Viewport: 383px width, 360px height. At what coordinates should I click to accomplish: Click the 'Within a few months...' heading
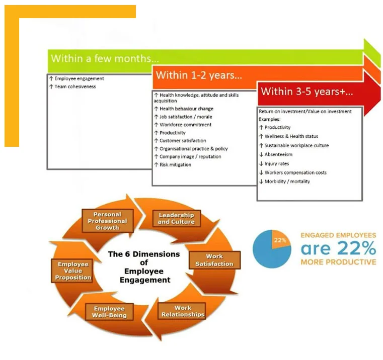point(105,59)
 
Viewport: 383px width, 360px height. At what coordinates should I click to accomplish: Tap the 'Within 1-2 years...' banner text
point(199,75)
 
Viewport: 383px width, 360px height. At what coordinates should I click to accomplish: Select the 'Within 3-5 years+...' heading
point(307,92)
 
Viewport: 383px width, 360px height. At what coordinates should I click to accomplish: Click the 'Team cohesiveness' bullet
point(72,86)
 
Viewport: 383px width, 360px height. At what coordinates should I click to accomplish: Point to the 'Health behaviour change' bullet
point(184,109)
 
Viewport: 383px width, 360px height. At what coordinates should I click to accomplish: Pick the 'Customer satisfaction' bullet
point(180,141)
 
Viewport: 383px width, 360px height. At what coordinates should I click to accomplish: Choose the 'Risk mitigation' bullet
point(173,165)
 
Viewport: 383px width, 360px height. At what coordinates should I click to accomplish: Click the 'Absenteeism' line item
point(276,154)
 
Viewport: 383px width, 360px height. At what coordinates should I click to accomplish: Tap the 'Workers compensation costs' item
point(293,172)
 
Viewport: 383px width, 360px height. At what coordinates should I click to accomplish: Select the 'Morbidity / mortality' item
point(284,182)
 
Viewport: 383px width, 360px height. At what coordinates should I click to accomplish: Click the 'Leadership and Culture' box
point(177,218)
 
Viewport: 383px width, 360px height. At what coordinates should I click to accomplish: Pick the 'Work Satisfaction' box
point(215,260)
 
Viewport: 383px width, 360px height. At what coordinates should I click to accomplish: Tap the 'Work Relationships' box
point(183,311)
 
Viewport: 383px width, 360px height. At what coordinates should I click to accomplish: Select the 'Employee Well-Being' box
point(109,312)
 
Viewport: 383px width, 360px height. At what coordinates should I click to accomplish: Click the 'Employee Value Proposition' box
point(72,271)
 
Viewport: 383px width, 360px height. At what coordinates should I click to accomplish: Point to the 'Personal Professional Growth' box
point(108,221)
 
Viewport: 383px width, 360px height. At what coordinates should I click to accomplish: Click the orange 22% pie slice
point(280,240)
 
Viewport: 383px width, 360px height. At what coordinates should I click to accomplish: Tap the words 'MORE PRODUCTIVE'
point(338,262)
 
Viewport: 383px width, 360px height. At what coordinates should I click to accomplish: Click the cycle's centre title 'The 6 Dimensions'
point(144,254)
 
